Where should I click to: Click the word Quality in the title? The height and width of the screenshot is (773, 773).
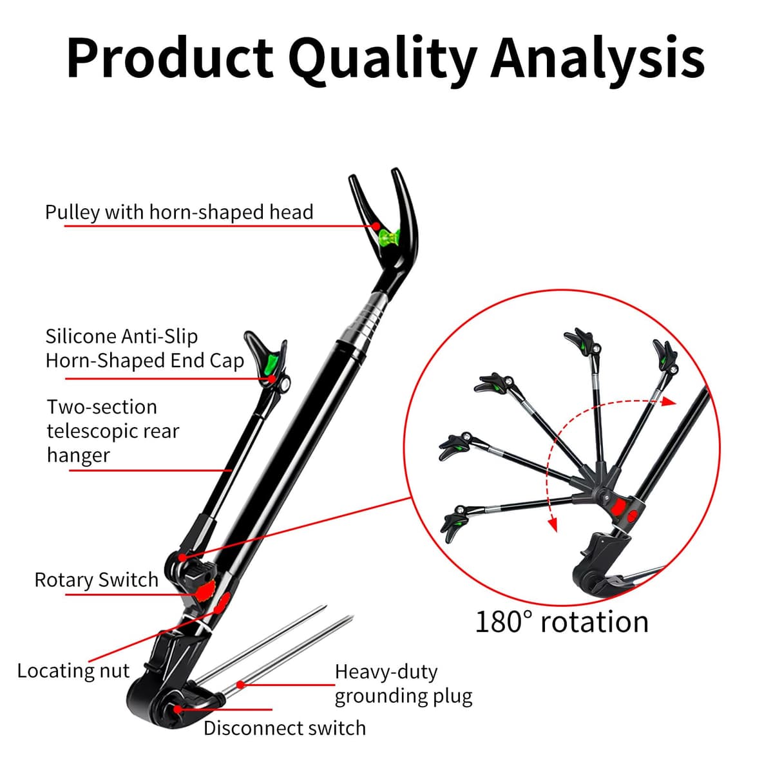point(383,60)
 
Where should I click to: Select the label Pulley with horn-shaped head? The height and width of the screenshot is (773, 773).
point(179,212)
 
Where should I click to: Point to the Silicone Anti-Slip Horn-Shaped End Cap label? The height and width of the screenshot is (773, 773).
point(145,348)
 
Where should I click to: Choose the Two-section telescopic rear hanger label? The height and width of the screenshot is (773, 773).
point(113,431)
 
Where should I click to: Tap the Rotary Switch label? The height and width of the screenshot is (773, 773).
point(96,580)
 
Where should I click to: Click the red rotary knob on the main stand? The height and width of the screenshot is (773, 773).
point(205,591)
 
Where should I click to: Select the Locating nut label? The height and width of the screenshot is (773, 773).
point(73,671)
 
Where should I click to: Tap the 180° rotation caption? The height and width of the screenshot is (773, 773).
point(562,622)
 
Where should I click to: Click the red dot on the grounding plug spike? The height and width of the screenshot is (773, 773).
point(241,685)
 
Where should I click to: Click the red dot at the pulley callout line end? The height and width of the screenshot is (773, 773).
point(376,226)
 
